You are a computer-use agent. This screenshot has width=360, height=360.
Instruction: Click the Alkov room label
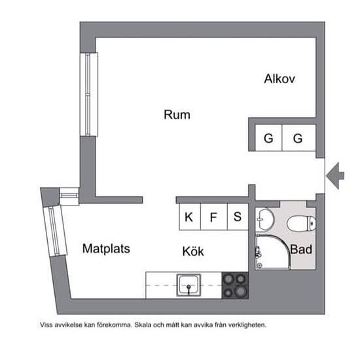pyautogui.click(x=279, y=79)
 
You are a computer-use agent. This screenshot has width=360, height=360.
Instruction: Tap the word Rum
pyautogui.click(x=177, y=115)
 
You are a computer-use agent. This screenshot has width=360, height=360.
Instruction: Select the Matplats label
pyautogui.click(x=106, y=249)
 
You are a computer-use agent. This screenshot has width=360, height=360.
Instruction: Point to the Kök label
pyautogui.click(x=193, y=251)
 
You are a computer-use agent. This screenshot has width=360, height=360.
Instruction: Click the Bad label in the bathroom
pyautogui.click(x=301, y=249)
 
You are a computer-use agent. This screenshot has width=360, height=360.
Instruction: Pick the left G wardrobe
pyautogui.click(x=268, y=137)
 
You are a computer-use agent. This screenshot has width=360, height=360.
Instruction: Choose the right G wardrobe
pyautogui.click(x=298, y=137)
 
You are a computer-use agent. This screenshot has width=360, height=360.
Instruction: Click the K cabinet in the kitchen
pyautogui.click(x=190, y=217)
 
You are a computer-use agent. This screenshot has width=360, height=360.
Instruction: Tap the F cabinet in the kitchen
pyautogui.click(x=214, y=217)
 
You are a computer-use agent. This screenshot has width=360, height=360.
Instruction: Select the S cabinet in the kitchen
pyautogui.click(x=238, y=217)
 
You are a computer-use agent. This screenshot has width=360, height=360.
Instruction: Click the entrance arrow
pyautogui.click(x=335, y=175)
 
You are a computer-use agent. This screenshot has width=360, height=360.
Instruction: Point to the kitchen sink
pyautogui.click(x=189, y=285)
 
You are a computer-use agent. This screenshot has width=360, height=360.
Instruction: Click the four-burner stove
pyautogui.click(x=235, y=285)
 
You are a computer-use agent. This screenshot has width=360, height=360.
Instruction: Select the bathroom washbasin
pyautogui.click(x=264, y=219)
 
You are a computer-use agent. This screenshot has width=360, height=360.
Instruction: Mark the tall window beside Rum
pyautogui.click(x=89, y=94)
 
